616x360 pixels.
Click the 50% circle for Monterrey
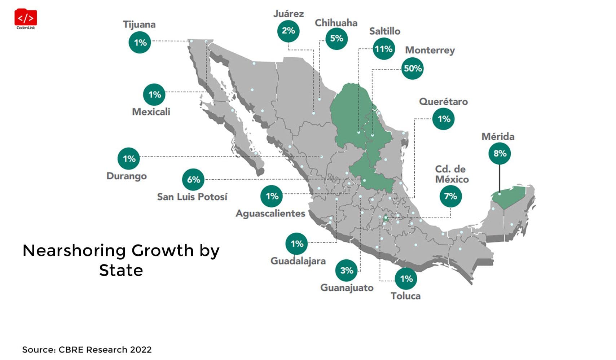click(x=412, y=69)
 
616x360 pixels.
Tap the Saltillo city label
click(x=384, y=31)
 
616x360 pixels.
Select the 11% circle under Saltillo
click(x=383, y=49)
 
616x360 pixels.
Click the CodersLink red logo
click(x=26, y=18)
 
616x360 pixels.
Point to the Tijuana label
click(x=139, y=25)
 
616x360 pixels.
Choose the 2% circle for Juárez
click(x=288, y=31)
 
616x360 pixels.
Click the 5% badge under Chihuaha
click(x=336, y=39)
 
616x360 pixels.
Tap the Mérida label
click(x=498, y=137)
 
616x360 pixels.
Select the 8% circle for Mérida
click(x=500, y=154)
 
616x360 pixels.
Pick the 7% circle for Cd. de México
click(x=450, y=196)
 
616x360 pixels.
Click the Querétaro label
click(x=443, y=102)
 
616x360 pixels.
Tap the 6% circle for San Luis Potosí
click(x=193, y=180)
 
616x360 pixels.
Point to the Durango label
click(x=127, y=176)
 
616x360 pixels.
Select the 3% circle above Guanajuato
click(x=347, y=271)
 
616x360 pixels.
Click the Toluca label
click(x=405, y=296)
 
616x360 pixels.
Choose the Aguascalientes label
click(x=270, y=214)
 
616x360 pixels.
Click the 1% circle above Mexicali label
click(x=154, y=95)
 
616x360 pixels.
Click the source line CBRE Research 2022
click(x=87, y=350)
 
